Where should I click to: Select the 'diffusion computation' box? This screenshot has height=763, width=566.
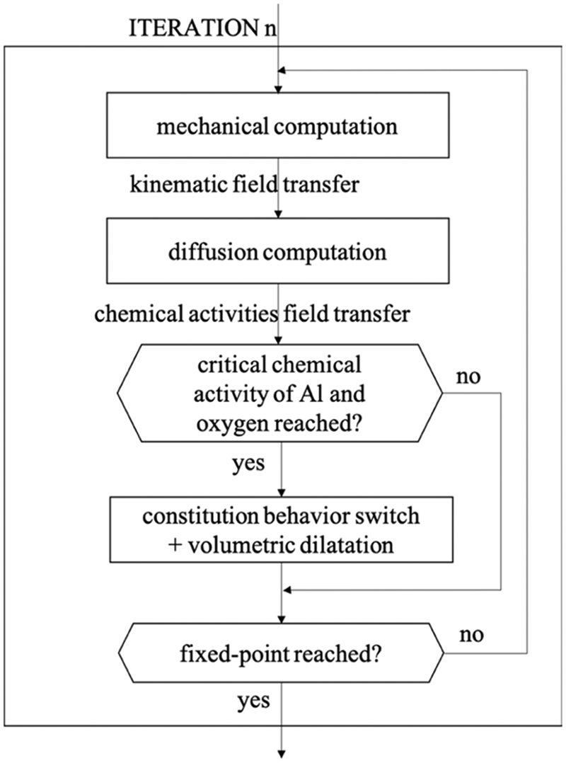click(282, 252)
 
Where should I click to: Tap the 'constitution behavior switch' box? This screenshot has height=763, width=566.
click(282, 528)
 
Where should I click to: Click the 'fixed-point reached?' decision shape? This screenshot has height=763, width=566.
click(282, 653)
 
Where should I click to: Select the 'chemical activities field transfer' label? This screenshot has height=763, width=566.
click(251, 314)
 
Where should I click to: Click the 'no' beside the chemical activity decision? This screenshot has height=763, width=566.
click(468, 375)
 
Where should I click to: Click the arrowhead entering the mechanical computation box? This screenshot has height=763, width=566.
click(282, 90)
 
